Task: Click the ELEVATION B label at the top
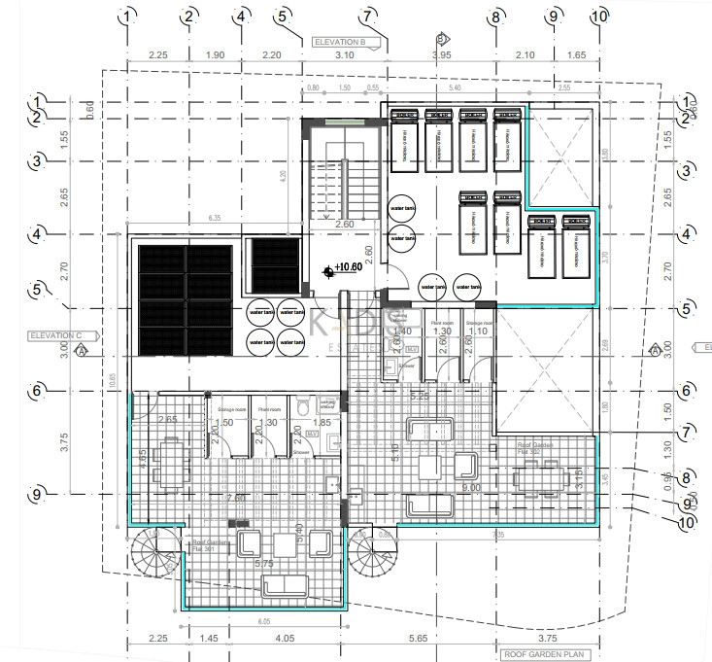point(338,43)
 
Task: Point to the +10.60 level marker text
point(346,266)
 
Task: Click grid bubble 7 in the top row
point(366,16)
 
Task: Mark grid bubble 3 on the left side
point(37,160)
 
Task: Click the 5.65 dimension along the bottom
point(418,639)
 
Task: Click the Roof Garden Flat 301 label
point(211,545)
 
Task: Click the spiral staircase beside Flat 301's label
point(154,551)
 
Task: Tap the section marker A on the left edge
point(82,348)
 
